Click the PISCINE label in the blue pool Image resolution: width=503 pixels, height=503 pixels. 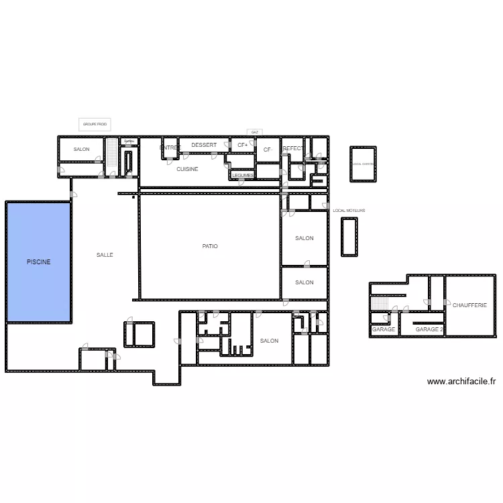click(x=38, y=262)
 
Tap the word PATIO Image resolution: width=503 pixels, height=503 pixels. click(x=210, y=246)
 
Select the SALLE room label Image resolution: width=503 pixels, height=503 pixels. click(x=105, y=255)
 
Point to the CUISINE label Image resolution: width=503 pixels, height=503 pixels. click(x=187, y=169)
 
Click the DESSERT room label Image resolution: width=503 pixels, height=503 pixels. click(x=204, y=146)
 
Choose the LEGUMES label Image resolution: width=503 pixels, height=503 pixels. click(x=243, y=175)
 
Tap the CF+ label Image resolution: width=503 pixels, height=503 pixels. click(x=242, y=146)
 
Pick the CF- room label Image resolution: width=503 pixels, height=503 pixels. click(x=268, y=150)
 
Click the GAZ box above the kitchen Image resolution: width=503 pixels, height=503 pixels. click(x=254, y=132)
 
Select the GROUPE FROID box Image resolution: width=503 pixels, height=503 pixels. click(x=95, y=125)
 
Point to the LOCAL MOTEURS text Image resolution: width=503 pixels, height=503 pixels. click(x=349, y=211)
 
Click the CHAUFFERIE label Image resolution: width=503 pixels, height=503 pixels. click(x=469, y=305)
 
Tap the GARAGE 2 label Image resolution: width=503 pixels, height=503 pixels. click(x=429, y=329)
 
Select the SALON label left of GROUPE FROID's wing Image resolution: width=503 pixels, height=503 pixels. click(x=82, y=149)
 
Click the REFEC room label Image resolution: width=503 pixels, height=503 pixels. click(x=292, y=148)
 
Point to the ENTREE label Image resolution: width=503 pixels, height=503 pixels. click(x=170, y=148)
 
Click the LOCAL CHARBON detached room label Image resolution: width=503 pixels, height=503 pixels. click(x=363, y=164)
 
